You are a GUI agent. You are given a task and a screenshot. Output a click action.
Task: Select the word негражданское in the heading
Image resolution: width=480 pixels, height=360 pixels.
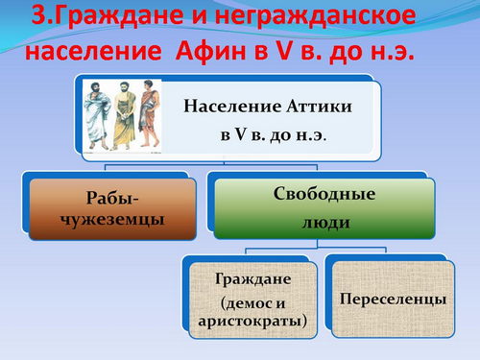tap(315, 16)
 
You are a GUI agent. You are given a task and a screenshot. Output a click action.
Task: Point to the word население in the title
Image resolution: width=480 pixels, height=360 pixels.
tap(93, 52)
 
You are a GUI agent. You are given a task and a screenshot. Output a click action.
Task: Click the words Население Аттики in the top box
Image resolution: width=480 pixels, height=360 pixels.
tap(268, 106)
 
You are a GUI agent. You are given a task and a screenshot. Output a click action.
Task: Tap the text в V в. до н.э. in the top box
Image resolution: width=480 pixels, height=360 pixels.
tap(273, 134)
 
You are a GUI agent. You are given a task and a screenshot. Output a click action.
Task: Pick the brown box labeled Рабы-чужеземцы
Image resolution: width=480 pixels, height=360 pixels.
tap(112, 209)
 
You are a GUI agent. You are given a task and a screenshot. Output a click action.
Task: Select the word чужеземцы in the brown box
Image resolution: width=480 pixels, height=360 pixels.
tap(112, 220)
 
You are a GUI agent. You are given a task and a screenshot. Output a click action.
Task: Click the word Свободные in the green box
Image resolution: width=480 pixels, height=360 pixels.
tap(324, 194)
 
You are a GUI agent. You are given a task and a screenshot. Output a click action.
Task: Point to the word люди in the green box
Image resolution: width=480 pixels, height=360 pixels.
tap(325, 223)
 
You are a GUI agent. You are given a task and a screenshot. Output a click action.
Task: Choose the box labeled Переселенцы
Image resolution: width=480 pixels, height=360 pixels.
tap(393, 300)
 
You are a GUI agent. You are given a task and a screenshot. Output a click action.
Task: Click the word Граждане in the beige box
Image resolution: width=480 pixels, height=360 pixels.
tap(252, 278)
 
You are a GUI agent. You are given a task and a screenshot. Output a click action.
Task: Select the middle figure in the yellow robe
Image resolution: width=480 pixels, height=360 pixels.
tap(124, 116)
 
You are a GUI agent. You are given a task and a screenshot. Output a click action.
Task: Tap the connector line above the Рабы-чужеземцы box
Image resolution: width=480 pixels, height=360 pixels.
tap(106, 168)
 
